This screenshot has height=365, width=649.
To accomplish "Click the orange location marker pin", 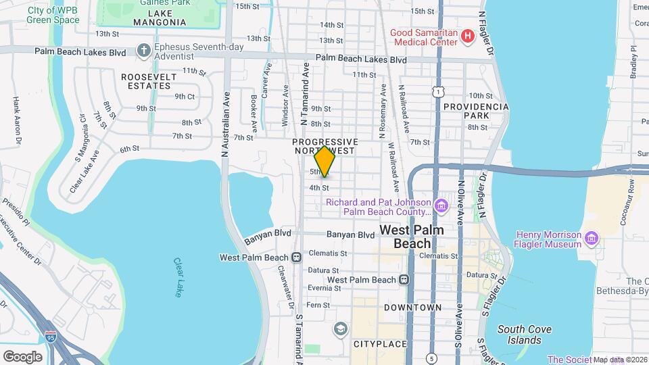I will point(325,162).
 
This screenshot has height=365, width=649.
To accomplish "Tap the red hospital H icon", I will point(466,36).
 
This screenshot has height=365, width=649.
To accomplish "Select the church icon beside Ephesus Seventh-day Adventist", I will point(143,49).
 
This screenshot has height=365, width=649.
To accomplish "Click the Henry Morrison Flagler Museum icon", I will point(592,237).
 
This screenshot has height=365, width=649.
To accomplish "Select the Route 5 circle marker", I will point(432,358).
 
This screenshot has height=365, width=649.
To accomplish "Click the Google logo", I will point(22,357).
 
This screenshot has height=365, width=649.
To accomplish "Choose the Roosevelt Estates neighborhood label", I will point(149,81).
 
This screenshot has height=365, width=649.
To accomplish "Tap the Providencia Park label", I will point(476,111).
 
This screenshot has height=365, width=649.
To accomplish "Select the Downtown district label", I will point(412,308).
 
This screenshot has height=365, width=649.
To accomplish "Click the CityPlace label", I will point(380,344).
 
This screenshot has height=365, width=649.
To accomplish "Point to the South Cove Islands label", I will point(525,335).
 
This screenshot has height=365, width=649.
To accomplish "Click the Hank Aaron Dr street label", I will point(16,122).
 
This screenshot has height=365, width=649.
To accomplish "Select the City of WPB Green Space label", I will point(53,15).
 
